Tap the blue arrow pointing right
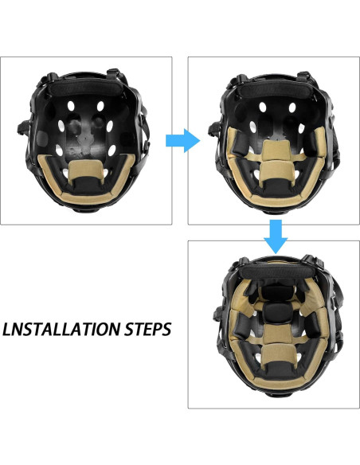pyautogui.click(x=182, y=141)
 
